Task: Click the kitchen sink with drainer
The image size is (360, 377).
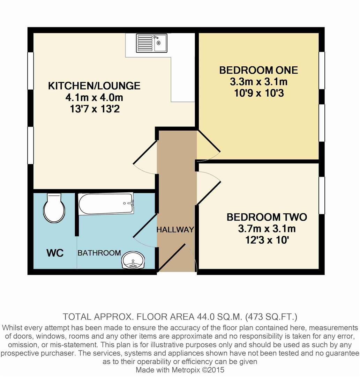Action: (x=151, y=43)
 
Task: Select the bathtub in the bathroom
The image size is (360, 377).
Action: (x=106, y=204)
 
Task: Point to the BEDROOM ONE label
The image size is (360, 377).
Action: (x=258, y=70)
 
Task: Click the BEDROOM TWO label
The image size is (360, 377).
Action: (x=267, y=217)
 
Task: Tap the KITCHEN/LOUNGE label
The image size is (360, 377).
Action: (x=94, y=86)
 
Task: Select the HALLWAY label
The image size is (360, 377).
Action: (x=175, y=230)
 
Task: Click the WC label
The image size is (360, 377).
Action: (x=55, y=253)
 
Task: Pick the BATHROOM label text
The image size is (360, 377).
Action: (x=99, y=253)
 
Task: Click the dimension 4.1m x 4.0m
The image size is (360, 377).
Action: (x=94, y=97)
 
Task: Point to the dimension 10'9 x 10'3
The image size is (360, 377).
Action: (x=258, y=94)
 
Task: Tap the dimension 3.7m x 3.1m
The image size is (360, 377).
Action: (x=267, y=229)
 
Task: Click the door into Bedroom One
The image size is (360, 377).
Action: (x=209, y=143)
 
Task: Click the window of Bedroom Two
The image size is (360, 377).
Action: (x=322, y=195)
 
